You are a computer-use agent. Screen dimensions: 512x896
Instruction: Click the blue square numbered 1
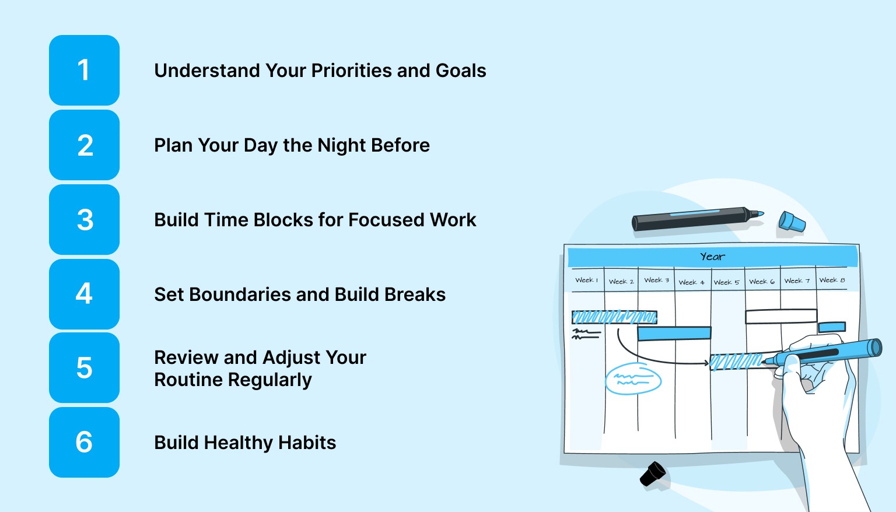coord(84,70)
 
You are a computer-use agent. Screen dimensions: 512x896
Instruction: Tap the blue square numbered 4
coord(84,294)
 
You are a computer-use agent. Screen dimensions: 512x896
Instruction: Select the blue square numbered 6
coord(84,442)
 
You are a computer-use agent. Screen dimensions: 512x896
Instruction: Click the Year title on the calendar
coord(712,257)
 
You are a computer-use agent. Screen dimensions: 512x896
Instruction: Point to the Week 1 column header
coord(586,280)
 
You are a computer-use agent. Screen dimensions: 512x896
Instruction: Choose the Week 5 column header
coord(726,282)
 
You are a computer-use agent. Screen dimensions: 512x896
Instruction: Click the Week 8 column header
coord(832,280)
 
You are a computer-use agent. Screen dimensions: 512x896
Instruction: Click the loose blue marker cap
coord(792,222)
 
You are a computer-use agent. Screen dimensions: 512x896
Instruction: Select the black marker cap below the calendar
coord(653,474)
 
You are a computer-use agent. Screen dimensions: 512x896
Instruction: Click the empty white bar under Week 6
coord(780,316)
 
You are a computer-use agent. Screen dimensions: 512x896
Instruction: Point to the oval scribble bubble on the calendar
coord(633,380)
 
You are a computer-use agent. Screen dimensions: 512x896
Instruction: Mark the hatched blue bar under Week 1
coord(614,317)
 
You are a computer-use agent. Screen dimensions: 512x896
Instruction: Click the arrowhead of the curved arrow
coord(706,363)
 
